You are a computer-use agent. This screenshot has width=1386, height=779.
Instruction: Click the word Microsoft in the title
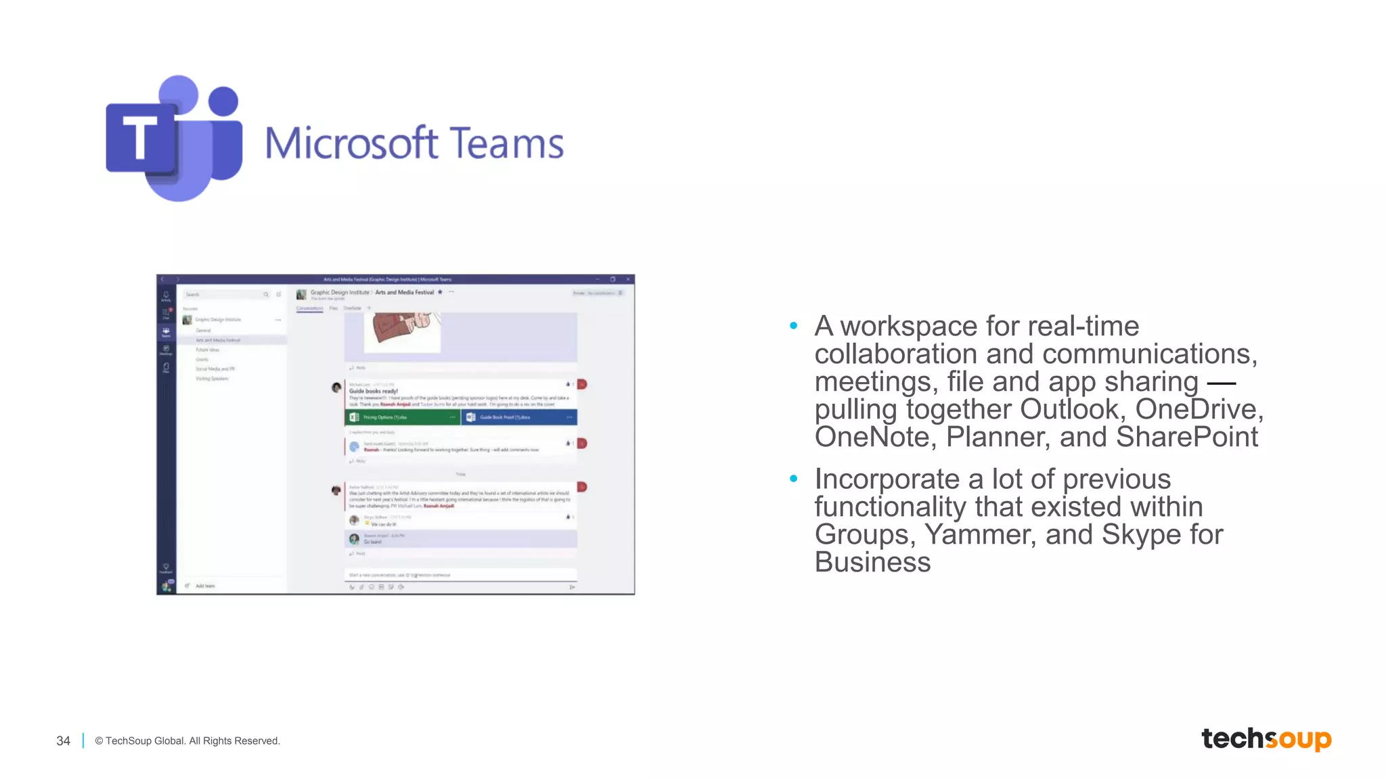[x=351, y=143]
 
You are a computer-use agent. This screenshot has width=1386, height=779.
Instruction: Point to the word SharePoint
[x=1187, y=437]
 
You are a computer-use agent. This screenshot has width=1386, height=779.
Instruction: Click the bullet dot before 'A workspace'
[x=794, y=326]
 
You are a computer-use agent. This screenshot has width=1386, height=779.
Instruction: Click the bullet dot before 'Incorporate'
[x=794, y=479]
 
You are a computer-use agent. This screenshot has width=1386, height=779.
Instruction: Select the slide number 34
[x=63, y=741]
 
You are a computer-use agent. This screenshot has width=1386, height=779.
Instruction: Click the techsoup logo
[x=1266, y=739]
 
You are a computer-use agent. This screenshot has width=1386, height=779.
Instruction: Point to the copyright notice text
[x=187, y=741]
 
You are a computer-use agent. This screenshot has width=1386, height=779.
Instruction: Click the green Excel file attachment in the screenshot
[x=402, y=417]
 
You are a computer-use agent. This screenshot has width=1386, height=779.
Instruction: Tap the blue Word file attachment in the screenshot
[x=519, y=417]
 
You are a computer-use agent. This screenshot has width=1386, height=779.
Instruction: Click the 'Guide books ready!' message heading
[x=374, y=391]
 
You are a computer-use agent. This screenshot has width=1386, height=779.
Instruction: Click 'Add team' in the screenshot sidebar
[x=204, y=586]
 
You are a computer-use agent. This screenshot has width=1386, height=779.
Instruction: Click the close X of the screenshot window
[x=628, y=279]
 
